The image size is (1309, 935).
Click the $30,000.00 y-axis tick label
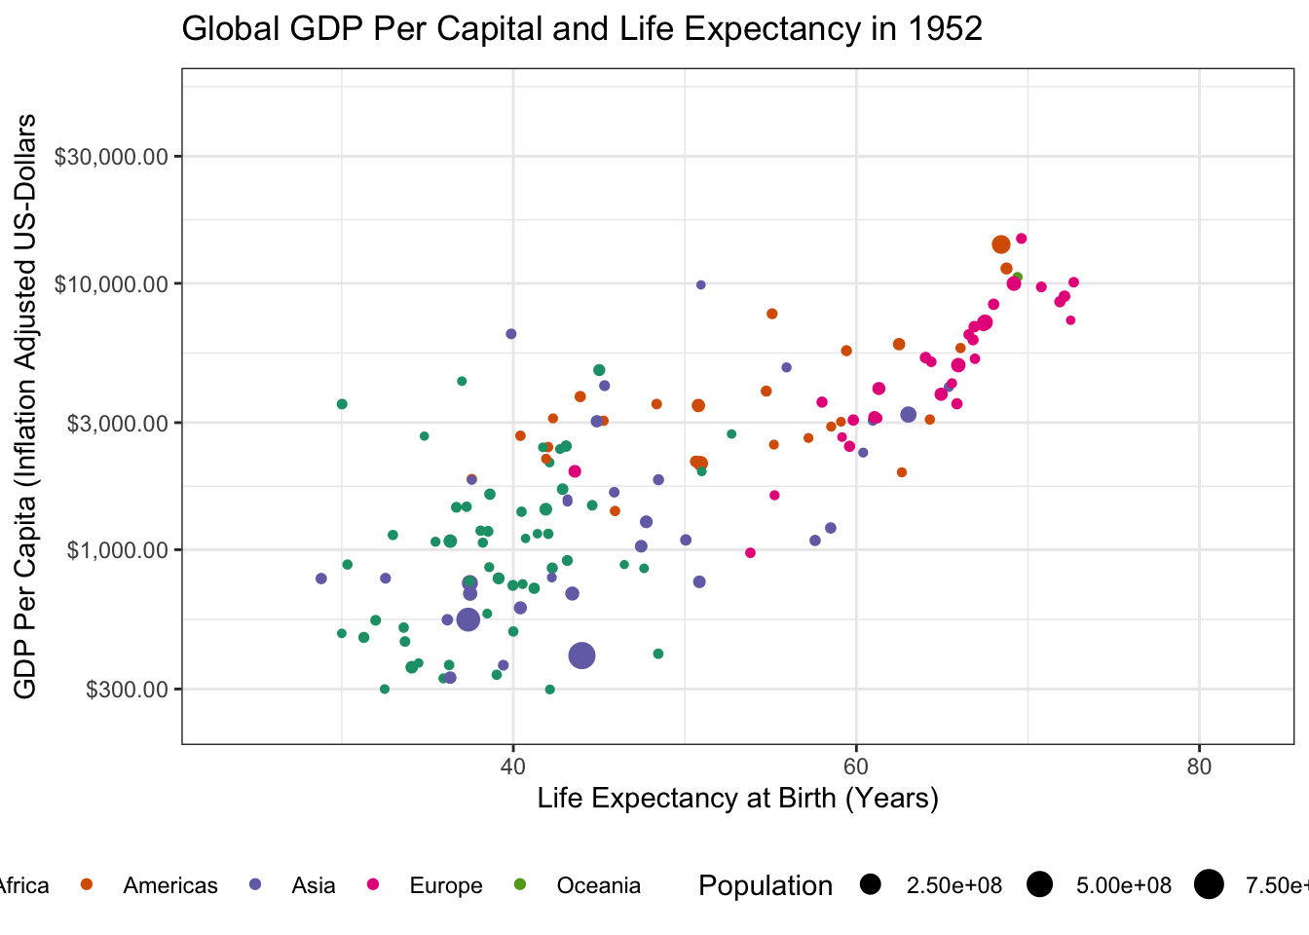111,157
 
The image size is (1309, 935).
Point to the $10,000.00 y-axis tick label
111,284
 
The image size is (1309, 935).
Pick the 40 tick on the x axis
513,767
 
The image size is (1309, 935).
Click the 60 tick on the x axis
856,767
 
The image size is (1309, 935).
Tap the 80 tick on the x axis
1200,767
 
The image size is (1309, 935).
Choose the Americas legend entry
170,885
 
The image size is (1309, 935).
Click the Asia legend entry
313,885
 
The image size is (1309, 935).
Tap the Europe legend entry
445,885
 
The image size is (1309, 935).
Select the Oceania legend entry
598,885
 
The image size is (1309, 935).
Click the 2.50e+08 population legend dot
871,884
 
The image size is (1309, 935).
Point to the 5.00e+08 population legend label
1123,885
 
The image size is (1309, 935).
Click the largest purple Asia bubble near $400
581,655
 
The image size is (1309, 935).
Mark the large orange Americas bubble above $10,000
1000,244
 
